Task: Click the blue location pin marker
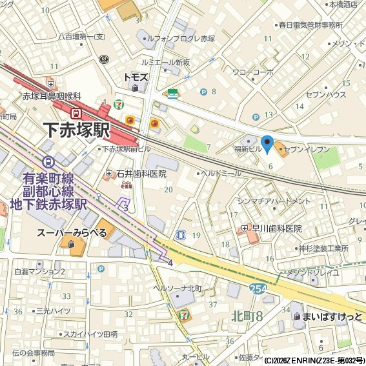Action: (267, 144)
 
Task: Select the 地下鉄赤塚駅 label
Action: (44, 204)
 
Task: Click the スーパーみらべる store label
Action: (71, 232)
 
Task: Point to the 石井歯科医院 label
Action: (141, 174)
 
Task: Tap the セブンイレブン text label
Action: (307, 149)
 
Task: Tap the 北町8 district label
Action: (247, 316)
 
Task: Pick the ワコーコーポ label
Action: (253, 72)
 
